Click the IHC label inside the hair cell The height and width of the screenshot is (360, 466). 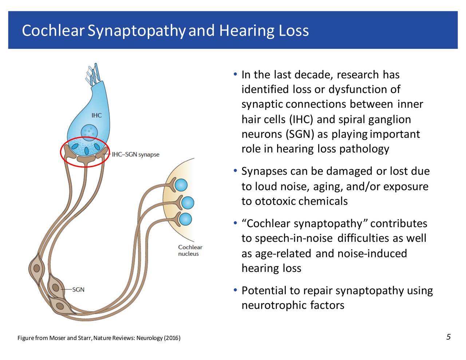96,115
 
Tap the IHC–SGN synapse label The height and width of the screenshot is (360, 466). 135,154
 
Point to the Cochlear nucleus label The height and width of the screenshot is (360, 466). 190,250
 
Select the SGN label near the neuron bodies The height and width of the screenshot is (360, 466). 78,290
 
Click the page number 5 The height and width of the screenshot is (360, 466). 449,337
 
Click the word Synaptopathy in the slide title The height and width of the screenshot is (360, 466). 137,31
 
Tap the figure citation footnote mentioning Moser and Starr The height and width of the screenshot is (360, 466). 99,338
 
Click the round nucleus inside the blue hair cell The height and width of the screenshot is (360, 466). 89,132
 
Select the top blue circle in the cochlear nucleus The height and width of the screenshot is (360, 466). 181,185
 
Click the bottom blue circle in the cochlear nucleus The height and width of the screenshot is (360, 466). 185,219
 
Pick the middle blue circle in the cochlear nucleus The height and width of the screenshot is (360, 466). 187,202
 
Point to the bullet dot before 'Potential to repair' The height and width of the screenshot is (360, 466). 236,290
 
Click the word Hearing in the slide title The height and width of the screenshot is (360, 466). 247,31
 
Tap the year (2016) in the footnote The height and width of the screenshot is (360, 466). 172,338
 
